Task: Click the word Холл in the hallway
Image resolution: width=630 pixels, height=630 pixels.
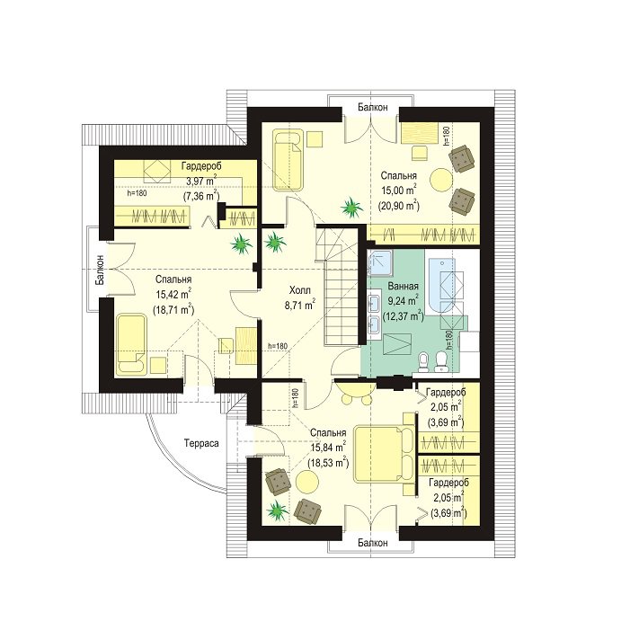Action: click(x=300, y=290)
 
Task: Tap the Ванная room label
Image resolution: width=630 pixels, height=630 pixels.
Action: click(x=403, y=286)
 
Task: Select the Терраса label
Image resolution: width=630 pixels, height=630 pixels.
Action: click(x=201, y=443)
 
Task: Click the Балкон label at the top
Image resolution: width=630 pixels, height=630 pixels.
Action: click(x=373, y=107)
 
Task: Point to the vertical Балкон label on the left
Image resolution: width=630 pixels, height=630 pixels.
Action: click(x=100, y=270)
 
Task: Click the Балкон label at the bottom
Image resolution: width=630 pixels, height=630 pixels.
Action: click(x=373, y=543)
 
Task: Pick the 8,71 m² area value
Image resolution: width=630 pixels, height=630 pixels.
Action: click(x=300, y=305)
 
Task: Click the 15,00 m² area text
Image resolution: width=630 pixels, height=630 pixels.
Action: click(x=398, y=190)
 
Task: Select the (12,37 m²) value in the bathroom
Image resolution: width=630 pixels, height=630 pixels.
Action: click(x=404, y=315)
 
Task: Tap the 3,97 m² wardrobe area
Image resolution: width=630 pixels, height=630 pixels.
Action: click(x=201, y=181)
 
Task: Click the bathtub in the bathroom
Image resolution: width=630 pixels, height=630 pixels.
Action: click(x=442, y=286)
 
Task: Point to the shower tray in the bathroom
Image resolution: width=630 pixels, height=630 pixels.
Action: click(x=380, y=263)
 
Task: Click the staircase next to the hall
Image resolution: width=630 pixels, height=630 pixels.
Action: click(x=341, y=286)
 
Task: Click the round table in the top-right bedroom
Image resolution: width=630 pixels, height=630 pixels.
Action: click(x=442, y=180)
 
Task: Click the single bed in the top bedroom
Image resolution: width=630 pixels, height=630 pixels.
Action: click(x=288, y=159)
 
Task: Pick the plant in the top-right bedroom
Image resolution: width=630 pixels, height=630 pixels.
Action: click(x=352, y=208)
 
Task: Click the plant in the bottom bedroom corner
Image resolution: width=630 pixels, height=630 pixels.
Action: click(x=277, y=511)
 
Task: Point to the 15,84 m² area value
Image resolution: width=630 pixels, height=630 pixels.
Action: click(x=328, y=448)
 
